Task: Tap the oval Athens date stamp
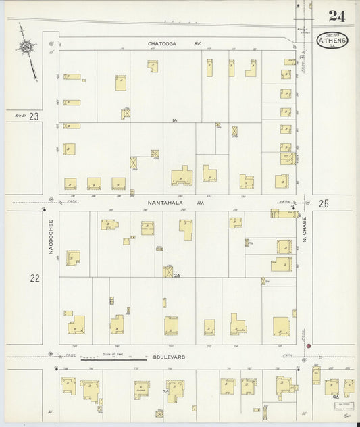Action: [x=332, y=41]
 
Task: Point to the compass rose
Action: [x=26, y=47]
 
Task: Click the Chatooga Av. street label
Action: [x=165, y=43]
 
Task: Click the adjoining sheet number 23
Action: [x=34, y=116]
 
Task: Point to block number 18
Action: [x=174, y=120]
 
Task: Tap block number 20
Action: [x=177, y=276]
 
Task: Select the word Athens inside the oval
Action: [x=332, y=40]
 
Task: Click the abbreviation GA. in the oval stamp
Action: [x=332, y=46]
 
